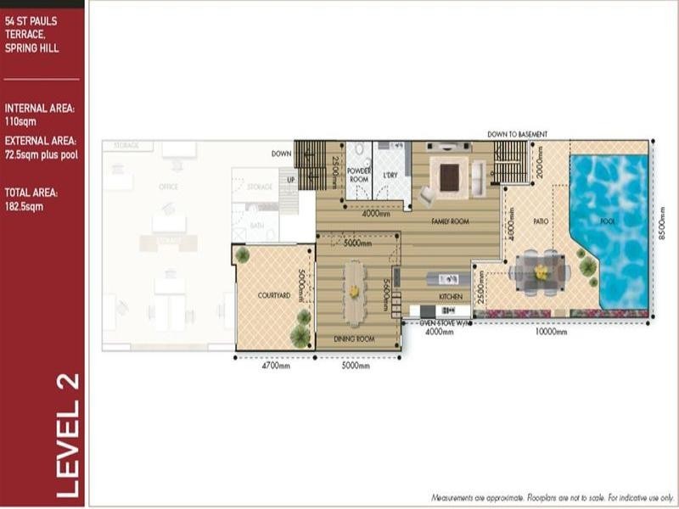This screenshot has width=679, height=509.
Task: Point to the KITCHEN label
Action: [x=450, y=296]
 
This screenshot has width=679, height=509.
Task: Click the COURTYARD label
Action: [x=274, y=295]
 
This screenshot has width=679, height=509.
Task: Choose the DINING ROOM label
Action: [x=354, y=338]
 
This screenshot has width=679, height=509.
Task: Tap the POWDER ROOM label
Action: [x=359, y=176]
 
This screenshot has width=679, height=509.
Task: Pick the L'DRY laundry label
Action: [x=390, y=176]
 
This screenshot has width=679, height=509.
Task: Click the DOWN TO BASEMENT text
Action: [x=517, y=134]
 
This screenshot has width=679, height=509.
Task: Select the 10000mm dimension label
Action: [x=551, y=333]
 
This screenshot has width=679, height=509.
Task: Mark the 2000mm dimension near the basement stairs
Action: [x=538, y=162]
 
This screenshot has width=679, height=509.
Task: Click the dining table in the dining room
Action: [x=354, y=290]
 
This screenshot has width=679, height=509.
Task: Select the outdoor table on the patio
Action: [x=540, y=272]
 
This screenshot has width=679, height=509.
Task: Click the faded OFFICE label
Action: [x=168, y=187]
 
